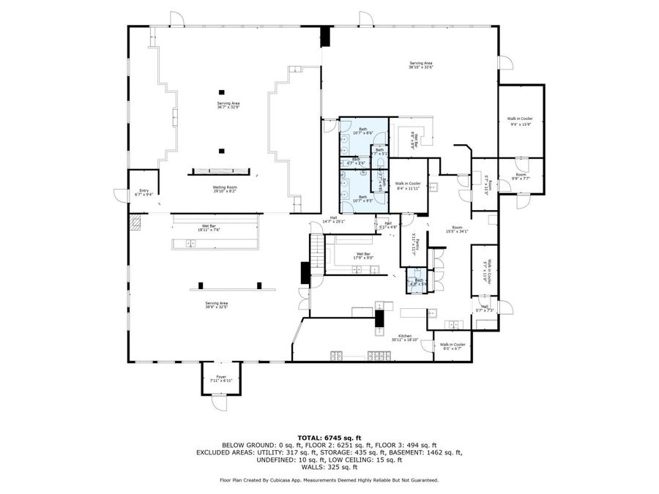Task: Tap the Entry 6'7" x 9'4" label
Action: [x=144, y=192]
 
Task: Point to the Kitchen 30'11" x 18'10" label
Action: [x=404, y=338]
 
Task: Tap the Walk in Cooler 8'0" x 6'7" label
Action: [x=453, y=345]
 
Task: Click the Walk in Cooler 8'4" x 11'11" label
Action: [x=408, y=185]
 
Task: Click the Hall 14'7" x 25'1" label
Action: [x=333, y=220]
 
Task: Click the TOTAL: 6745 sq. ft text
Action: [x=329, y=436]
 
